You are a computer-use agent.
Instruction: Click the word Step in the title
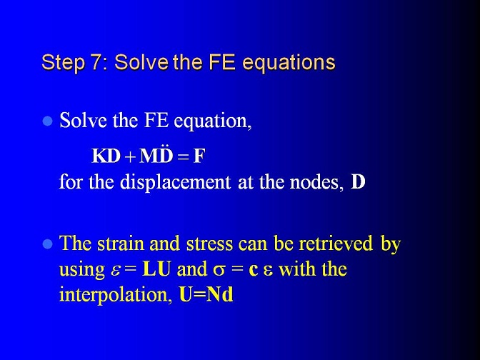coord(63,63)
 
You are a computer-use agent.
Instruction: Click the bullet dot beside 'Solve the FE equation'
coord(47,121)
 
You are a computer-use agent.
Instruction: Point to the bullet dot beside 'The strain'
coord(47,244)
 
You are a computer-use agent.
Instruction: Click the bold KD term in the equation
coord(106,156)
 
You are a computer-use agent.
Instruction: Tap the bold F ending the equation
coord(199,156)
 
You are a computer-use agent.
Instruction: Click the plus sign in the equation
coord(130,157)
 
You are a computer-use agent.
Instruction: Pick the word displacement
coord(175,183)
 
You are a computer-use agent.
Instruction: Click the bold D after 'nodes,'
coord(358,182)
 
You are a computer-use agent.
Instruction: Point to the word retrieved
coord(336,244)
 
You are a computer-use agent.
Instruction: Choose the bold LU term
coord(156,269)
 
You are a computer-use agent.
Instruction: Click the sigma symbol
coord(219,271)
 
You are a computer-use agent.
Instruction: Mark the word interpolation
coord(116,295)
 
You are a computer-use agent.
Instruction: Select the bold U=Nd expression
coord(206,295)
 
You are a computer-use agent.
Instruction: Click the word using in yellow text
coord(81,271)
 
